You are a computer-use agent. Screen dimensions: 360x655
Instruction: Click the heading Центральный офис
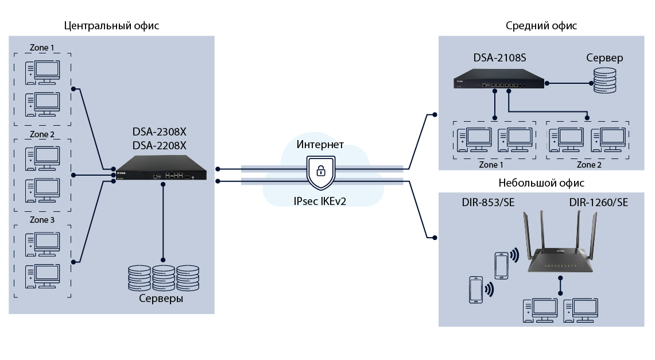pos(111,26)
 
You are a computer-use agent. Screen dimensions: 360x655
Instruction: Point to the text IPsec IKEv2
pos(320,201)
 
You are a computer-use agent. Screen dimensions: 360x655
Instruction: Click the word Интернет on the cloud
pos(320,144)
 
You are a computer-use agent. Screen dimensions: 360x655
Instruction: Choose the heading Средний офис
pos(541,26)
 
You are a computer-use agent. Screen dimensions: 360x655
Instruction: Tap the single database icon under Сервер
pos(604,82)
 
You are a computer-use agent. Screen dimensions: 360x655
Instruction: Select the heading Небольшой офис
pos(541,183)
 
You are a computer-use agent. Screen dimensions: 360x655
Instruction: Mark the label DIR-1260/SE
pos(598,203)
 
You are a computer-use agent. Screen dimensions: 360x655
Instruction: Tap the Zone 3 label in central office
pos(42,220)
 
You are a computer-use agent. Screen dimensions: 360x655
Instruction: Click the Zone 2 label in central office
pos(42,134)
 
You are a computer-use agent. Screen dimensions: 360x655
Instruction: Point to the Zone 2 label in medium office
pos(589,164)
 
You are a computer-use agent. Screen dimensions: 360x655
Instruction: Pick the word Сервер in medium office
pos(604,58)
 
